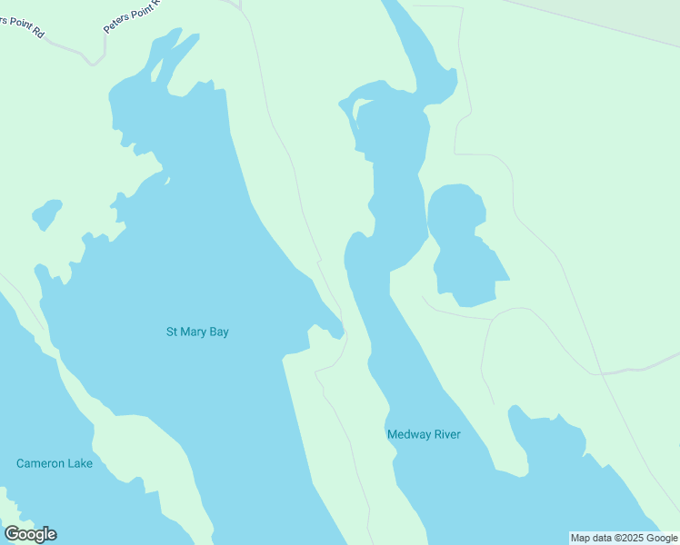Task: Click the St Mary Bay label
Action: [197, 332]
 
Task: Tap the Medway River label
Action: [424, 434]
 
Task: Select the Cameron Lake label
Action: [55, 463]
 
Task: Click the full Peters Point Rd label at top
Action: [131, 15]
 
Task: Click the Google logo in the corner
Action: [30, 534]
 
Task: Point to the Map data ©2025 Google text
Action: [624, 538]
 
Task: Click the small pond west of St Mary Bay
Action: [46, 214]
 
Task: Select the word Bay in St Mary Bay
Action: [219, 332]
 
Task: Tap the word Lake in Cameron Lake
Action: [79, 463]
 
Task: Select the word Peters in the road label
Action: [116, 24]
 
